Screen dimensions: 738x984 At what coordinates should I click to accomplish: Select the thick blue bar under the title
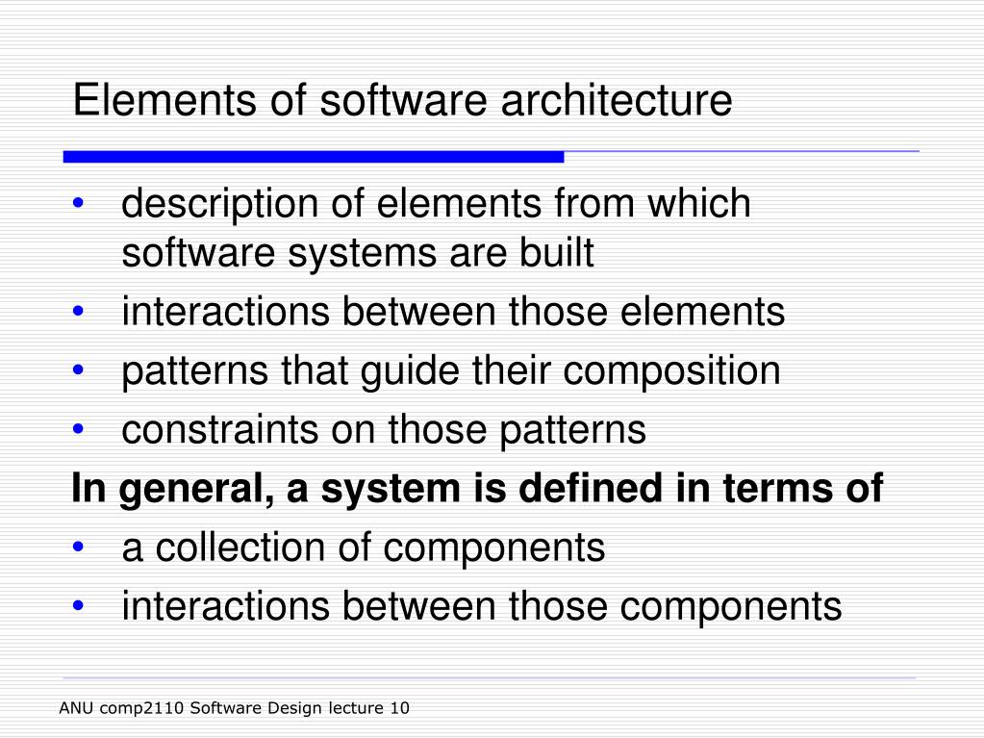click(x=313, y=156)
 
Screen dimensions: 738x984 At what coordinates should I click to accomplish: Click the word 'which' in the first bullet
click(x=698, y=204)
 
